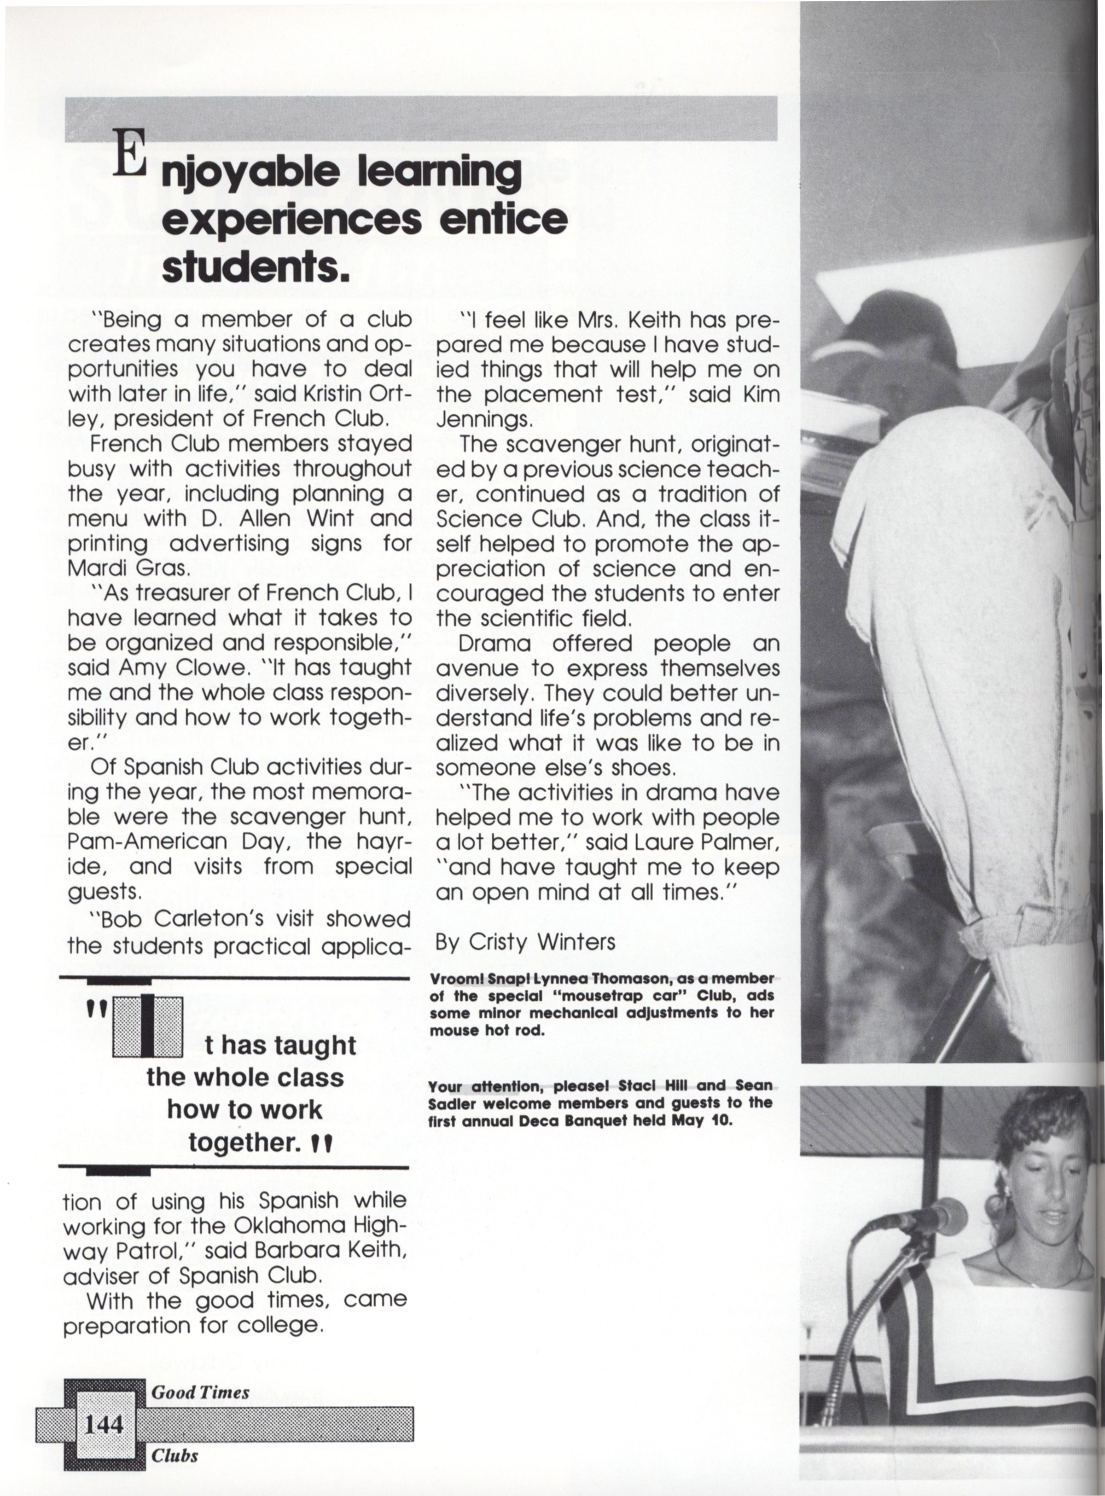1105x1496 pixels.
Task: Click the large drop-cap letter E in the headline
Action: pos(128,153)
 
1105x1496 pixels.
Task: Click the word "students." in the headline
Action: pos(256,267)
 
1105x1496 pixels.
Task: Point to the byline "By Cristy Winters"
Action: pos(524,942)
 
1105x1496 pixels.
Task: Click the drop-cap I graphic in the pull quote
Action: pos(148,1026)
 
